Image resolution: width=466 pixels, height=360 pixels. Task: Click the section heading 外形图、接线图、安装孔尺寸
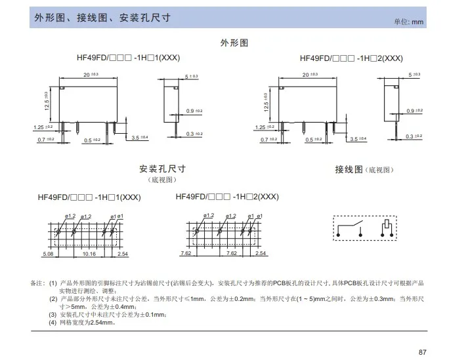pos(102,18)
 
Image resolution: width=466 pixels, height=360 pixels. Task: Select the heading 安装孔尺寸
pos(163,168)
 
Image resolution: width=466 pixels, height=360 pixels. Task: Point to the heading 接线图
pos(349,169)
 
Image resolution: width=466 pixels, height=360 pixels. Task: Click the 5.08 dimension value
pos(48,253)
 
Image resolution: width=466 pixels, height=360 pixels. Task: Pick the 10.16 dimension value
pos(89,253)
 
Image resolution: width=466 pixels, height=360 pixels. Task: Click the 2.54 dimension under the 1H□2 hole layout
pos(261,253)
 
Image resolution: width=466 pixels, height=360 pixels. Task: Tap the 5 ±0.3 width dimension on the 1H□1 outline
pos(192,77)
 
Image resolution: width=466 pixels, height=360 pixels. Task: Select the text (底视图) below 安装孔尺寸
pos(163,180)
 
